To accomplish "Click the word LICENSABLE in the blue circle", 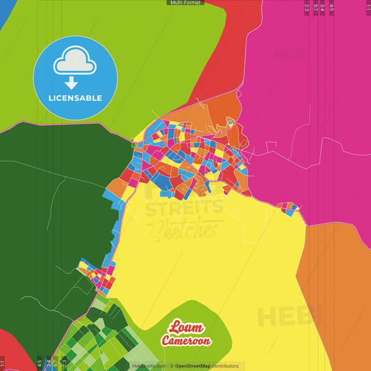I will (74, 97).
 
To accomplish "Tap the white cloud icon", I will (74, 64).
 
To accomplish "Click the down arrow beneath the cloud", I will (74, 81).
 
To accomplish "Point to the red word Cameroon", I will (186, 341).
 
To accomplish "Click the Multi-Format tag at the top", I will (185, 3).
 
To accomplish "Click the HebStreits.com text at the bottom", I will (149, 365).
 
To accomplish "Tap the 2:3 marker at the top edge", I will (307, 7).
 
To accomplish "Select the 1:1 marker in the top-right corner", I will (368, 7).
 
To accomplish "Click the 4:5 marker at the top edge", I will (331, 7).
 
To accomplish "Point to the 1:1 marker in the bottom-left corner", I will (3, 363).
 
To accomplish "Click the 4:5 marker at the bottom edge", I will (39, 363).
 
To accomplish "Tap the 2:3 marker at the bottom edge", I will (64, 363).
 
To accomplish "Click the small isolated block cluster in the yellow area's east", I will (288, 207).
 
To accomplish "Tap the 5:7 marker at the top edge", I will (315, 7).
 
